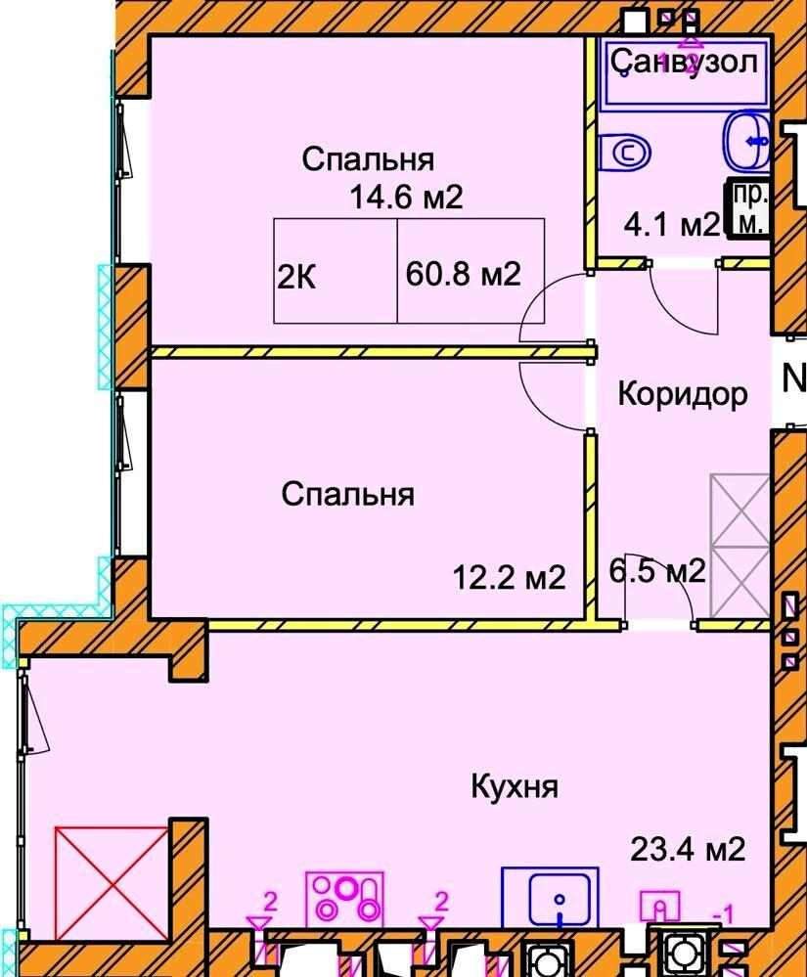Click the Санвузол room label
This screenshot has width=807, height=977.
(685, 63)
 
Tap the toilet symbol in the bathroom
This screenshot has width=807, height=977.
(625, 153)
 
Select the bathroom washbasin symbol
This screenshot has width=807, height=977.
(748, 143)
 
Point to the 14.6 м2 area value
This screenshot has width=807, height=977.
(406, 198)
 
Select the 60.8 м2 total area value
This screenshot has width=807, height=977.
(462, 275)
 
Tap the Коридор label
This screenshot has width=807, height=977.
(683, 394)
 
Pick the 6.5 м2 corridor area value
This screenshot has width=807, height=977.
(657, 570)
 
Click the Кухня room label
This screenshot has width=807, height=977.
(514, 786)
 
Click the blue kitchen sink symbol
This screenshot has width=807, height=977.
(559, 898)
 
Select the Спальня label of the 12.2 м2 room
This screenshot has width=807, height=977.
(347, 495)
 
